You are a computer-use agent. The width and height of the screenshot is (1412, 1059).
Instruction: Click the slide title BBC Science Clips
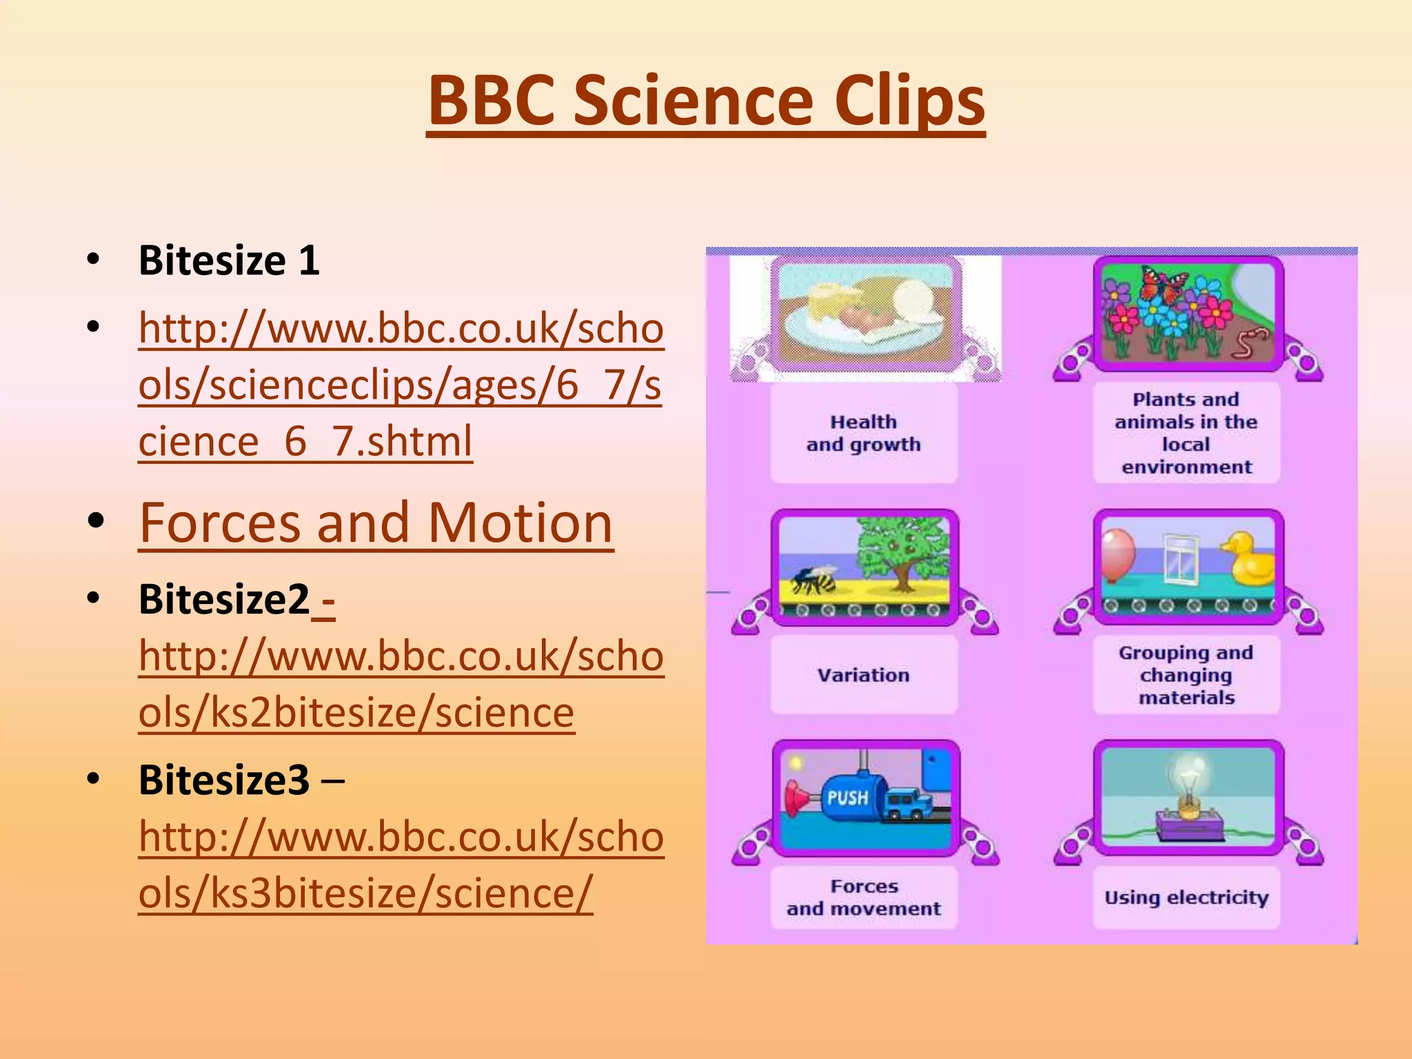point(706,101)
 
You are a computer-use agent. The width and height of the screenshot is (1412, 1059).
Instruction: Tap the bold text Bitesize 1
point(229,261)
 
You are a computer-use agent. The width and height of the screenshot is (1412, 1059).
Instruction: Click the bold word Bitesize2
point(224,599)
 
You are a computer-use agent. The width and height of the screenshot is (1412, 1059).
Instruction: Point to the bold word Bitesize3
point(224,780)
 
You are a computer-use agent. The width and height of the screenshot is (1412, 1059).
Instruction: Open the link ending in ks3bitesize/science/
point(365,893)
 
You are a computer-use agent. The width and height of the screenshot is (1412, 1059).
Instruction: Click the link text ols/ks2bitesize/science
point(356,712)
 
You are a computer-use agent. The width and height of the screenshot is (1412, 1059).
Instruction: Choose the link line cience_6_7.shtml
point(305,441)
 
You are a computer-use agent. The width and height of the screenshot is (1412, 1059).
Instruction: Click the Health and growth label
point(863,433)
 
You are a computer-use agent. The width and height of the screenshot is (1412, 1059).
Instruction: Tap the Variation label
point(863,675)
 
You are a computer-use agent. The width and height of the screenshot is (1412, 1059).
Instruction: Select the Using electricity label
point(1186,897)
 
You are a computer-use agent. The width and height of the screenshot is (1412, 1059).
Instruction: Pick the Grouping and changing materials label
point(1186,675)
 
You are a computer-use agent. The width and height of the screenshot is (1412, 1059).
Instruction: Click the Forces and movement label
point(863,897)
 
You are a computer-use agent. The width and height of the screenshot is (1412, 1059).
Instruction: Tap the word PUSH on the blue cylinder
point(847,798)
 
